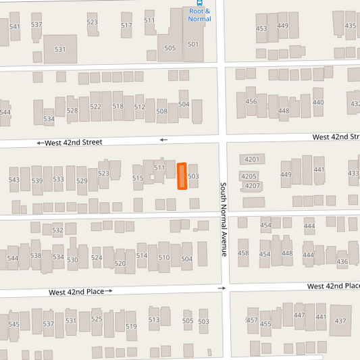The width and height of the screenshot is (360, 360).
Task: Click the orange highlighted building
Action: coord(182,176)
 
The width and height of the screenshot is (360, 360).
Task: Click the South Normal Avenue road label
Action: coord(223,219)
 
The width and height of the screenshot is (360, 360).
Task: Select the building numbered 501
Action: coord(193,45)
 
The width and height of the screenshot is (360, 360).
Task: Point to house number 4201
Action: coord(252,160)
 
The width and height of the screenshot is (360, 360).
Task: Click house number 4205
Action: coord(249,176)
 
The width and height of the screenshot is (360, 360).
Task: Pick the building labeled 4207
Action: coord(252,186)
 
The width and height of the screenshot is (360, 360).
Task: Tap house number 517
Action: coord(126,26)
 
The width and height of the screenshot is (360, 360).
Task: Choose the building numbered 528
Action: coord(72,110)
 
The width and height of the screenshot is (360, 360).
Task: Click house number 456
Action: coord(251,102)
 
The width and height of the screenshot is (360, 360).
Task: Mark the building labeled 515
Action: coord(138,178)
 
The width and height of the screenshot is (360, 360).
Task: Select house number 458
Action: coord(243,253)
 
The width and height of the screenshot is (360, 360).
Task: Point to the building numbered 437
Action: coord(340,320)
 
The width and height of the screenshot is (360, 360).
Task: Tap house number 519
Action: coord(131,327)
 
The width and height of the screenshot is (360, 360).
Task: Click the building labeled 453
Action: coord(261,28)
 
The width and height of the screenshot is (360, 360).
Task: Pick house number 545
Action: coord(14,324)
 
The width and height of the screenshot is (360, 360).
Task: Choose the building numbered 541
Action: coord(15,27)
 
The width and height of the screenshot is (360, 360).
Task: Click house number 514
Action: coord(142,256)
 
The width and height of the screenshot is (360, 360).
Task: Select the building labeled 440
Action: coord(318,103)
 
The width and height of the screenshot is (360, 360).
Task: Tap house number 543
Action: coord(14,180)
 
